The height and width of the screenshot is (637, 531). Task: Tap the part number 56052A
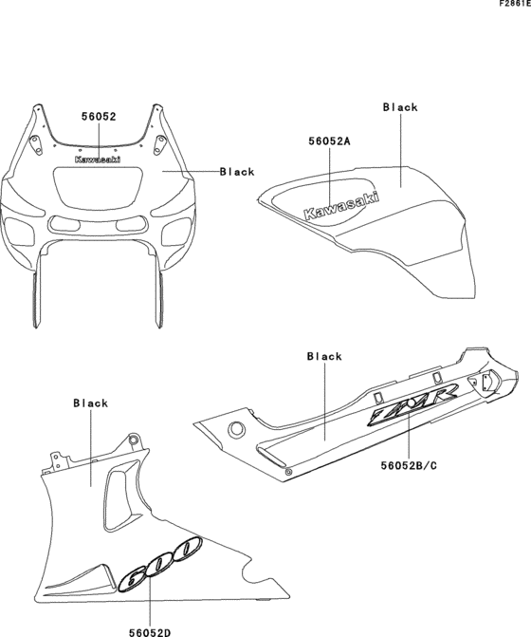[330, 141]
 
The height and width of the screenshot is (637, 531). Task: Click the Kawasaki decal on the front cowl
[98, 160]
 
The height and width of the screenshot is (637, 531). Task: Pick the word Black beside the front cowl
[236, 172]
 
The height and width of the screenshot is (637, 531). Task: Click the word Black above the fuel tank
[400, 107]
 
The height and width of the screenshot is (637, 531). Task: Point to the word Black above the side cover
[324, 356]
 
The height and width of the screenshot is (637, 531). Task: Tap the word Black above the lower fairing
[91, 403]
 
